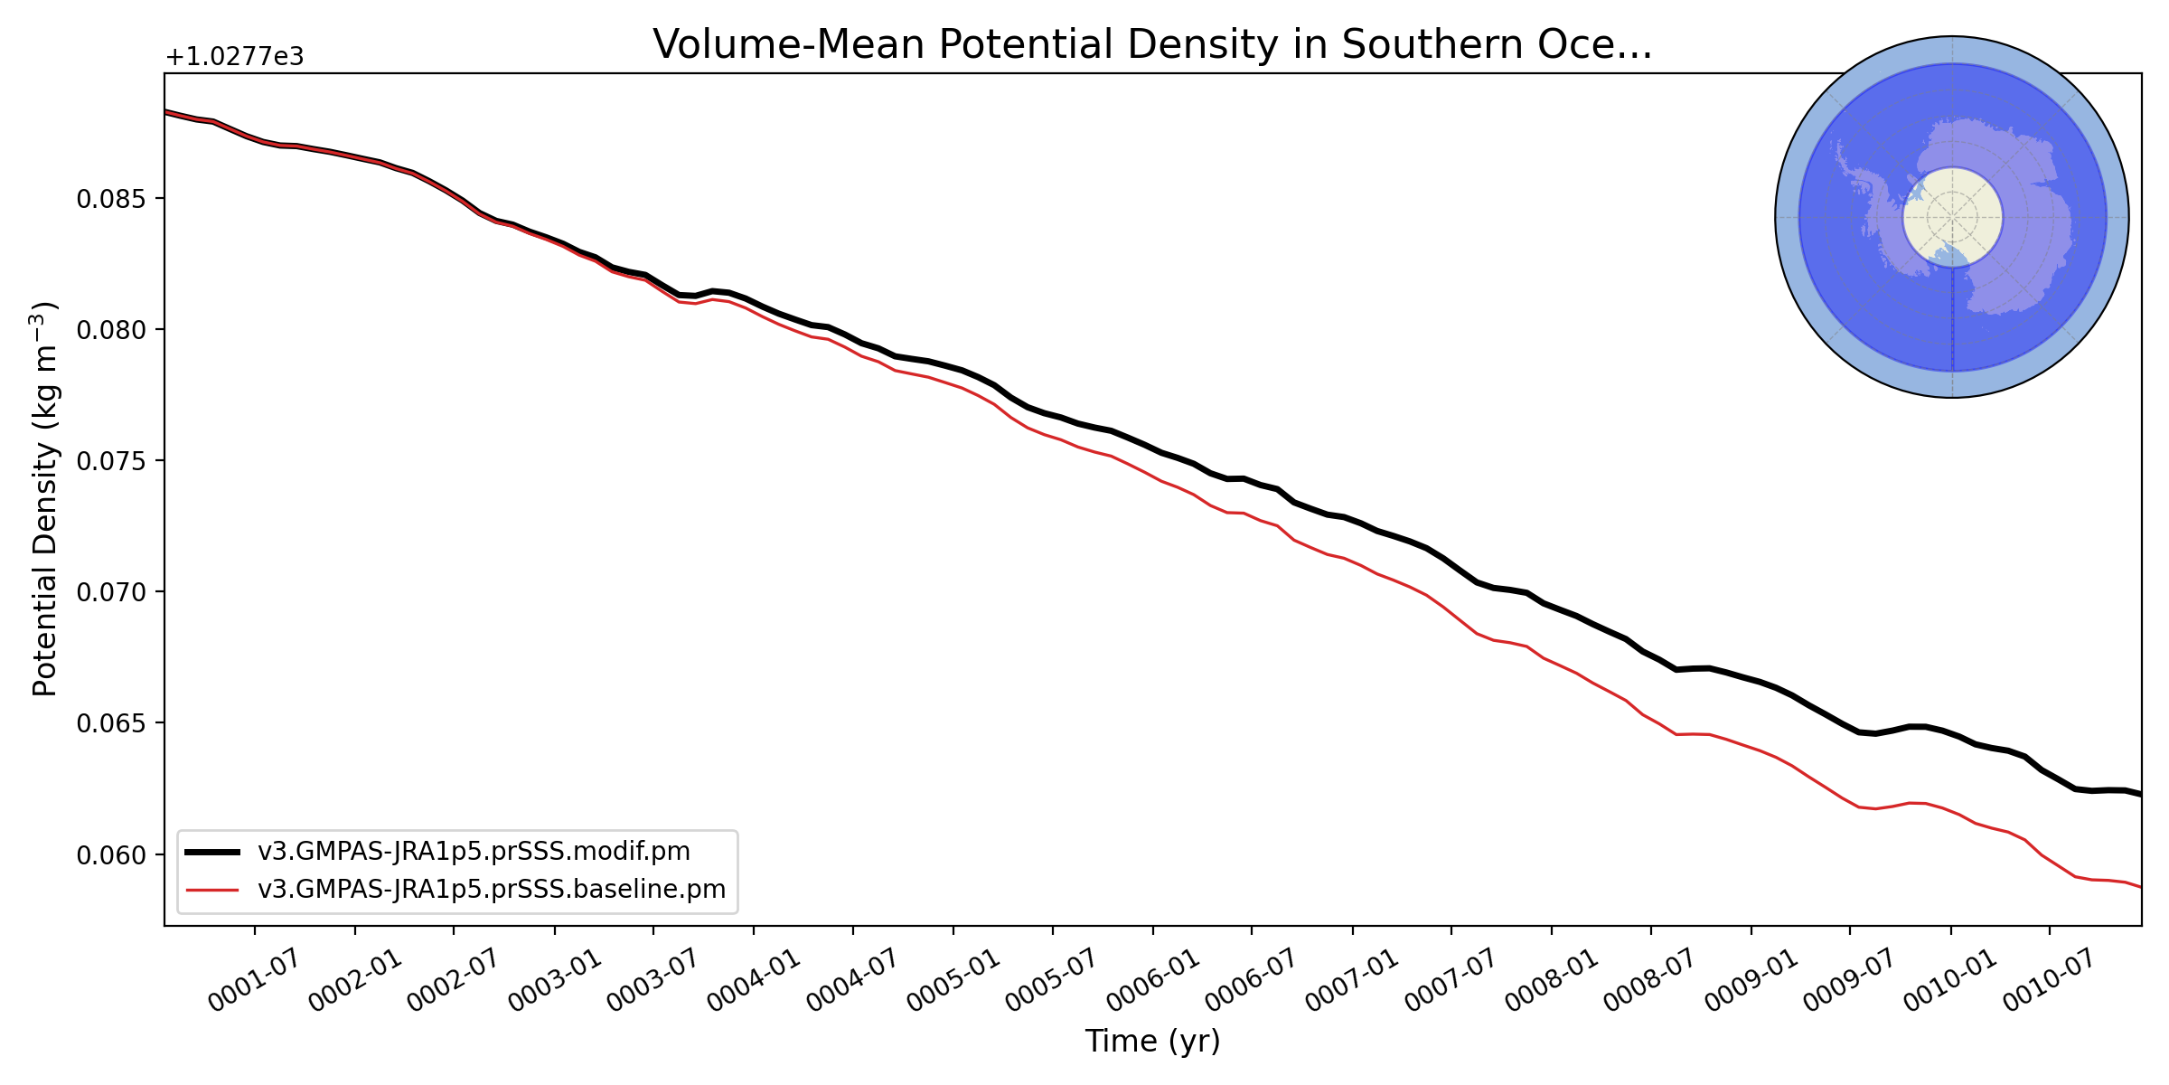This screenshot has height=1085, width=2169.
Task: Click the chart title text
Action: pyautogui.click(x=1152, y=45)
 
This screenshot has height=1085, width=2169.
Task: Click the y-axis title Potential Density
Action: pyautogui.click(x=45, y=499)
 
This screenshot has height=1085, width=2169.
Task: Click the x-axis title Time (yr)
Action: pyautogui.click(x=1152, y=1041)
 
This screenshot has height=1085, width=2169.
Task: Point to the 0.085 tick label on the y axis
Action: pyautogui.click(x=111, y=199)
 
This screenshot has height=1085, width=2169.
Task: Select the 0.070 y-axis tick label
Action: pyautogui.click(x=111, y=592)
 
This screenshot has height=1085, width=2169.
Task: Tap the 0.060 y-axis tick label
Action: pyautogui.click(x=111, y=855)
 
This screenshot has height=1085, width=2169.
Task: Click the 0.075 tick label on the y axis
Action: pyautogui.click(x=111, y=461)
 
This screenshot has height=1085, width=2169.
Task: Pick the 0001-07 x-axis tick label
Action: pyautogui.click(x=255, y=981)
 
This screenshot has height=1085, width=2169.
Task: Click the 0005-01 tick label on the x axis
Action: pyautogui.click(x=953, y=981)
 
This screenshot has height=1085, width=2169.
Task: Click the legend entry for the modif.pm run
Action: pyautogui.click(x=474, y=852)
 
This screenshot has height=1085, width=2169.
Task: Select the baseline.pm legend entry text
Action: pyautogui.click(x=492, y=890)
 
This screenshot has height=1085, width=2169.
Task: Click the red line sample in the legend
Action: pyautogui.click(x=213, y=890)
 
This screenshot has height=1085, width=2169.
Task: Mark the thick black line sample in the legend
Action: pyautogui.click(x=213, y=852)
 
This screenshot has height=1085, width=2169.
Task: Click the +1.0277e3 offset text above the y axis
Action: pyautogui.click(x=235, y=57)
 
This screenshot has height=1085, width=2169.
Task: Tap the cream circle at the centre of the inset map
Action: pyautogui.click(x=1952, y=217)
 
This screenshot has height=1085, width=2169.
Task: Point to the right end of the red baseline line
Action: pyautogui.click(x=2139, y=887)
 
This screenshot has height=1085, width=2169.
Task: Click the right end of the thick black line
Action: pyautogui.click(x=2139, y=794)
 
